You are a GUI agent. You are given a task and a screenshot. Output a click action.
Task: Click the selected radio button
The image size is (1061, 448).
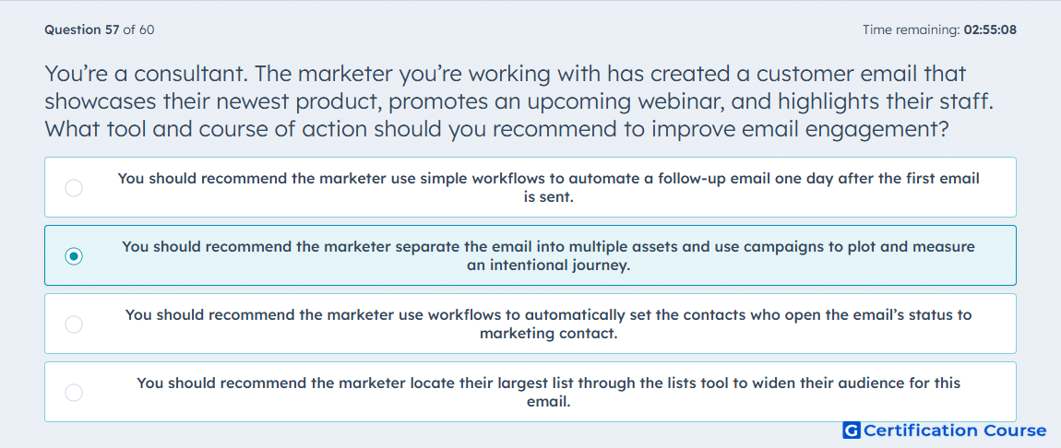point(74,256)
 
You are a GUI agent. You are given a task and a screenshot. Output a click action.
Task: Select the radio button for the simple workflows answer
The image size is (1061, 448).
point(74,188)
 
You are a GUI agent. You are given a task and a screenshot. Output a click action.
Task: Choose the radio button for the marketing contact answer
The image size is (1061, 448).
point(74,324)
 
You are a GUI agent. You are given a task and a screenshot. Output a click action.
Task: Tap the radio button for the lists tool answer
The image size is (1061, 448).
point(74,393)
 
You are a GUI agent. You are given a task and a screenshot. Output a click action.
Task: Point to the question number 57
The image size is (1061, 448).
point(113,29)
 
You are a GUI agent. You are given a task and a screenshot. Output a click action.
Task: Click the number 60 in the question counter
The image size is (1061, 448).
point(147,29)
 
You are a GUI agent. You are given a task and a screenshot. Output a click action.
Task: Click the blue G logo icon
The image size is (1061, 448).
point(852,430)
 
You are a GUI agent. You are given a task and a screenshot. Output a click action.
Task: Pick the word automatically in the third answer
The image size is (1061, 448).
point(573,315)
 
